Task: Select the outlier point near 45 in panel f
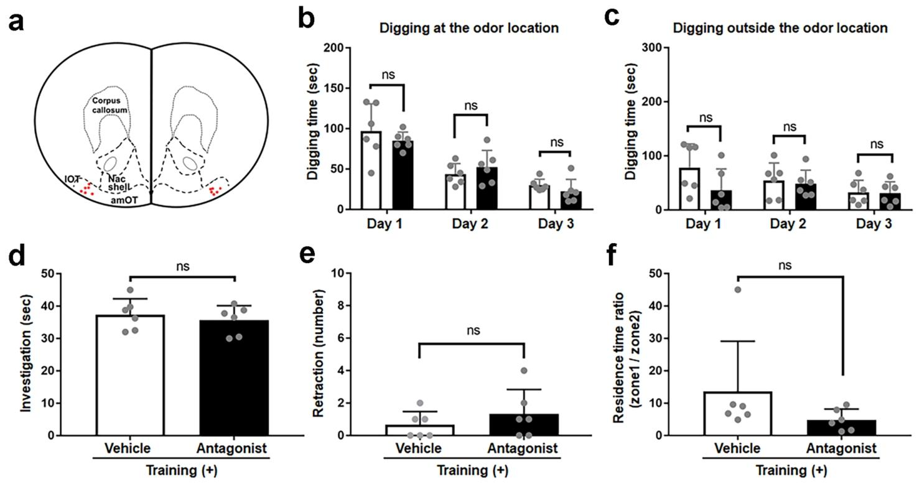click(x=737, y=289)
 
